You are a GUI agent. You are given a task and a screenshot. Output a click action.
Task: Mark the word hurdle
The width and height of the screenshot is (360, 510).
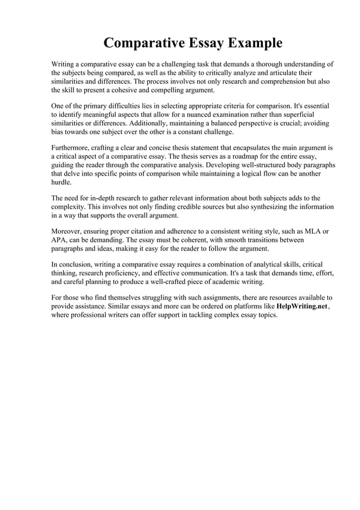click(62, 182)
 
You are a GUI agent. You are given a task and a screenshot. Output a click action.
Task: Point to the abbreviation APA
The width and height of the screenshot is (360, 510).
click(60, 240)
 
